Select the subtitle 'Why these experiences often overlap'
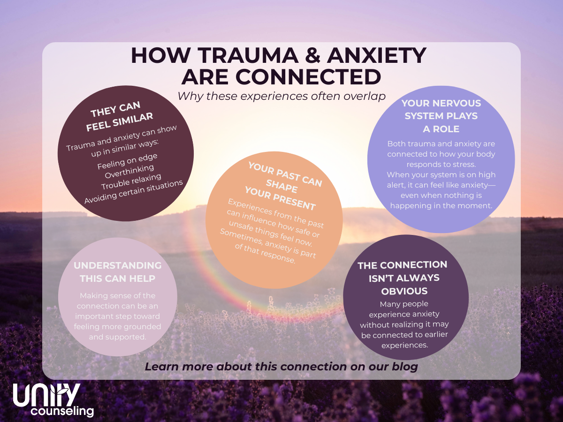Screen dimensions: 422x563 (281, 96)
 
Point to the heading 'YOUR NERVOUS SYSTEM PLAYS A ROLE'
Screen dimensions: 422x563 (441, 115)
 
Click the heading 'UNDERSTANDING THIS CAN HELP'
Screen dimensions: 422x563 (117, 272)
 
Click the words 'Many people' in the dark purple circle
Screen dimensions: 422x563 (404, 304)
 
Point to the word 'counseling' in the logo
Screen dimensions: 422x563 (62, 411)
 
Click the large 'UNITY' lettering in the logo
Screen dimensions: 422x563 (47, 395)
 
